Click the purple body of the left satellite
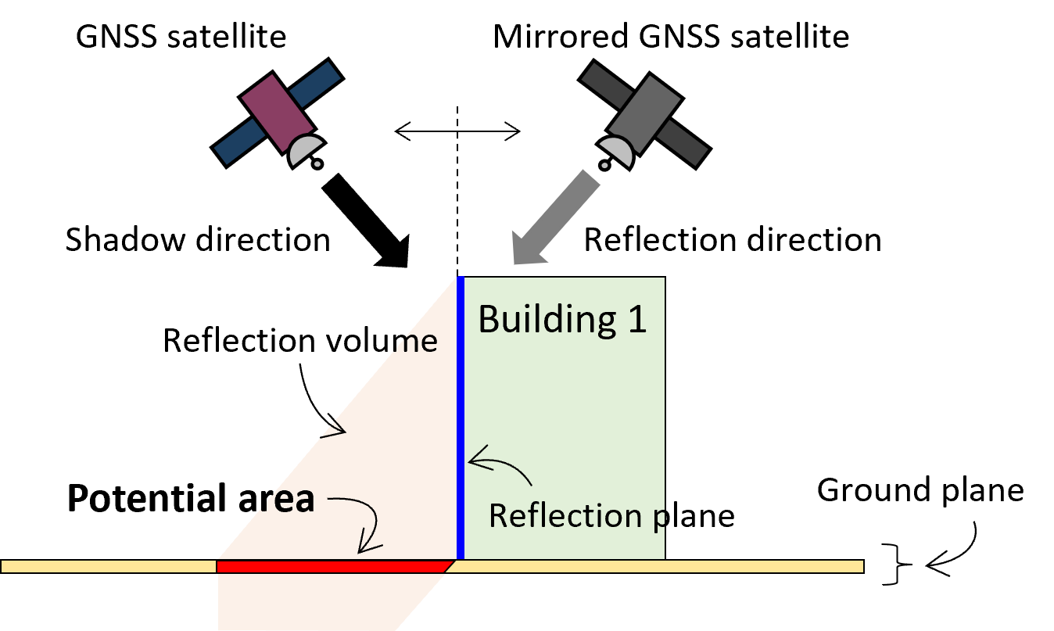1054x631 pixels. tap(277, 112)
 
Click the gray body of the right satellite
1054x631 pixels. tap(644, 114)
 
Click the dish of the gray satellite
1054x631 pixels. tap(615, 151)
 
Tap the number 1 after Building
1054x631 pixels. tap(636, 320)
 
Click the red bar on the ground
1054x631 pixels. tap(332, 566)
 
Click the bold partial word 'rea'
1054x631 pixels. tap(289, 500)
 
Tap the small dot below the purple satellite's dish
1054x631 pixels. tap(317, 164)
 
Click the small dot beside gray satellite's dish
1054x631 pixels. tap(604, 165)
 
